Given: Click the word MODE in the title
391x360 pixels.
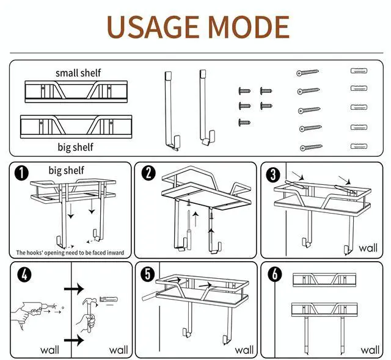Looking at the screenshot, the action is point(247,26).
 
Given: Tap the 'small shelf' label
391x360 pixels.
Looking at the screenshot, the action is point(78,73).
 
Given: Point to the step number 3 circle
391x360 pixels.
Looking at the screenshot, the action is point(273,174).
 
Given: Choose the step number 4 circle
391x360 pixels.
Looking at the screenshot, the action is point(23,274).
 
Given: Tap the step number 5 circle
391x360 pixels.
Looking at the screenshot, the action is point(147,274).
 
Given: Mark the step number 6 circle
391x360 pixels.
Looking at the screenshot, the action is point(274,274).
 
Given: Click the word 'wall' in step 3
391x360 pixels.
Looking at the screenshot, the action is point(368,248).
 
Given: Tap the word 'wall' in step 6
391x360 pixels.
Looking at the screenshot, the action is point(370,350).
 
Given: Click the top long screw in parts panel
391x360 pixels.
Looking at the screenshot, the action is point(309,73).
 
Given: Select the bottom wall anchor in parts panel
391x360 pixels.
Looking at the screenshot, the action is point(358,146).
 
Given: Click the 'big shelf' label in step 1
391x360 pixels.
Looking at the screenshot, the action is point(67,170).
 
